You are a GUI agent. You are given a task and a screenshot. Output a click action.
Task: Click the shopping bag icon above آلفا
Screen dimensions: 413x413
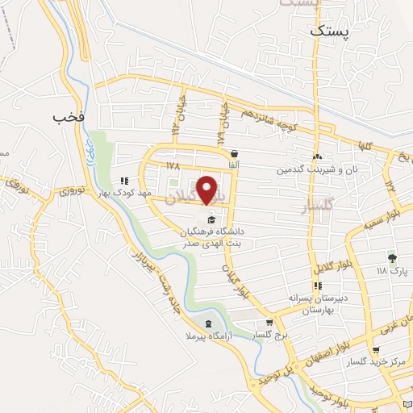click(x=234, y=152)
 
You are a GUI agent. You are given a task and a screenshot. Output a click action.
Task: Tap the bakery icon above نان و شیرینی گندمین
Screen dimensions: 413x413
click(x=318, y=157)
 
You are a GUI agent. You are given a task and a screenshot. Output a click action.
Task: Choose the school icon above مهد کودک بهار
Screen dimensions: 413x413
click(x=123, y=181)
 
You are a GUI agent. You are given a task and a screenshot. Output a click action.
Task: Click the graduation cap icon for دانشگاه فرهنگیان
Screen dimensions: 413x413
click(x=211, y=219)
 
